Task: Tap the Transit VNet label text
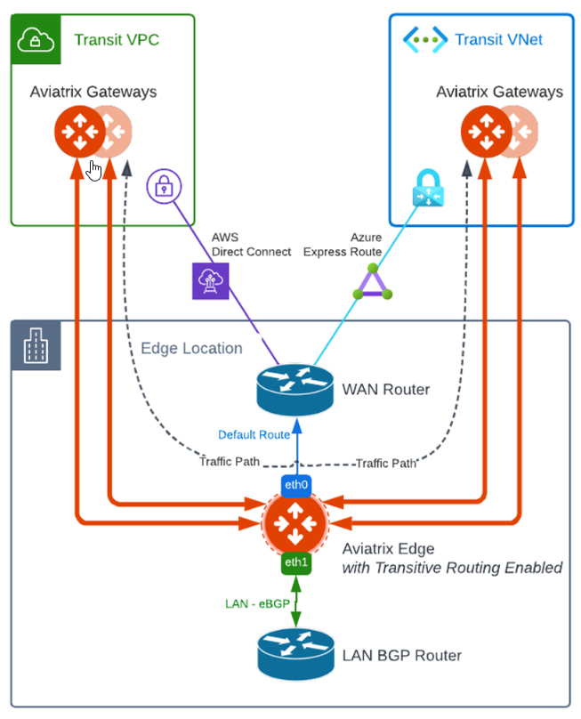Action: pyautogui.click(x=498, y=39)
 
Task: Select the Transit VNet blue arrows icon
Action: pyautogui.click(x=424, y=39)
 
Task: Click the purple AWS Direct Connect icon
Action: pyautogui.click(x=210, y=280)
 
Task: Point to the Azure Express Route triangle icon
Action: pyautogui.click(x=372, y=282)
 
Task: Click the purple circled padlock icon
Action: pyautogui.click(x=165, y=187)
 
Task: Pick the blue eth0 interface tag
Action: pyautogui.click(x=296, y=486)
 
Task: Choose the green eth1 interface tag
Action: pyautogui.click(x=296, y=562)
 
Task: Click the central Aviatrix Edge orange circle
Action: pyautogui.click(x=296, y=524)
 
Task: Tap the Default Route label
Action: pyautogui.click(x=254, y=435)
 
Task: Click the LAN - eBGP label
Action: pyautogui.click(x=254, y=604)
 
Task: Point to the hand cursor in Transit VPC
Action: pyautogui.click(x=94, y=169)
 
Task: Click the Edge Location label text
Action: pyautogui.click(x=191, y=348)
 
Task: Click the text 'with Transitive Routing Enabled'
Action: pyautogui.click(x=452, y=568)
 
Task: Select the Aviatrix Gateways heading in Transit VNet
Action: pyautogui.click(x=499, y=92)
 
